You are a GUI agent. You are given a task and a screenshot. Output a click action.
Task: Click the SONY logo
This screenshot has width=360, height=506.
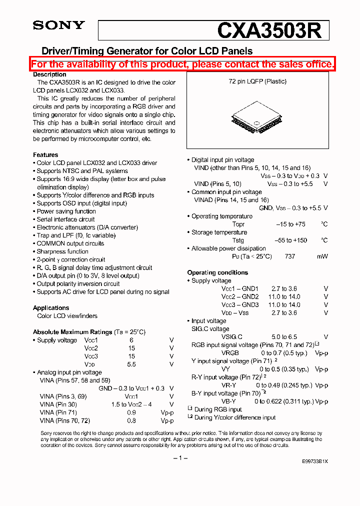coord(58,25)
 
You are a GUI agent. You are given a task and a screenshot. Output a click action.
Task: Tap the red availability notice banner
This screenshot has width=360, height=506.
coord(182,64)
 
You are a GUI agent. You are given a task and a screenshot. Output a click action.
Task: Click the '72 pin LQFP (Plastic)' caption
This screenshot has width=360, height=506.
coord(257,81)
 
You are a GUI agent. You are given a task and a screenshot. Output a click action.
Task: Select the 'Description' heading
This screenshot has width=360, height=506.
coord(49,74)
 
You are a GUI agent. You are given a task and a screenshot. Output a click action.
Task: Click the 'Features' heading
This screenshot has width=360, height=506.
coord(45,155)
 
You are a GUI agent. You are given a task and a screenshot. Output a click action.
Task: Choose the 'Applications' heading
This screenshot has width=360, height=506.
coord(51,308)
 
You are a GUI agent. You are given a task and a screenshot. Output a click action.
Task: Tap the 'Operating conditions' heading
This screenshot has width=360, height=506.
coord(217,272)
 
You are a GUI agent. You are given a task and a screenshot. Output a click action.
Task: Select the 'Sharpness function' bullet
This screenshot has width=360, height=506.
coord(62,251)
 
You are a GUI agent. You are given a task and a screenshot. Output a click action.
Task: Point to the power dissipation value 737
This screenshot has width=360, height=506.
coord(290,256)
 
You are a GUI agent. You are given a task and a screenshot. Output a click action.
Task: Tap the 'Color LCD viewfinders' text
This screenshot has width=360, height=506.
coord(67,316)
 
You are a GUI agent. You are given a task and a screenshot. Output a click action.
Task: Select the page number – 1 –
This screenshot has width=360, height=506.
coord(180,458)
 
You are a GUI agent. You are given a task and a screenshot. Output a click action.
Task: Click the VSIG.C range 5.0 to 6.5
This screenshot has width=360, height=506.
coord(283,337)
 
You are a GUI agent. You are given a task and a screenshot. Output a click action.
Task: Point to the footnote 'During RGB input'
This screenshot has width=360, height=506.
coord(218,409)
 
